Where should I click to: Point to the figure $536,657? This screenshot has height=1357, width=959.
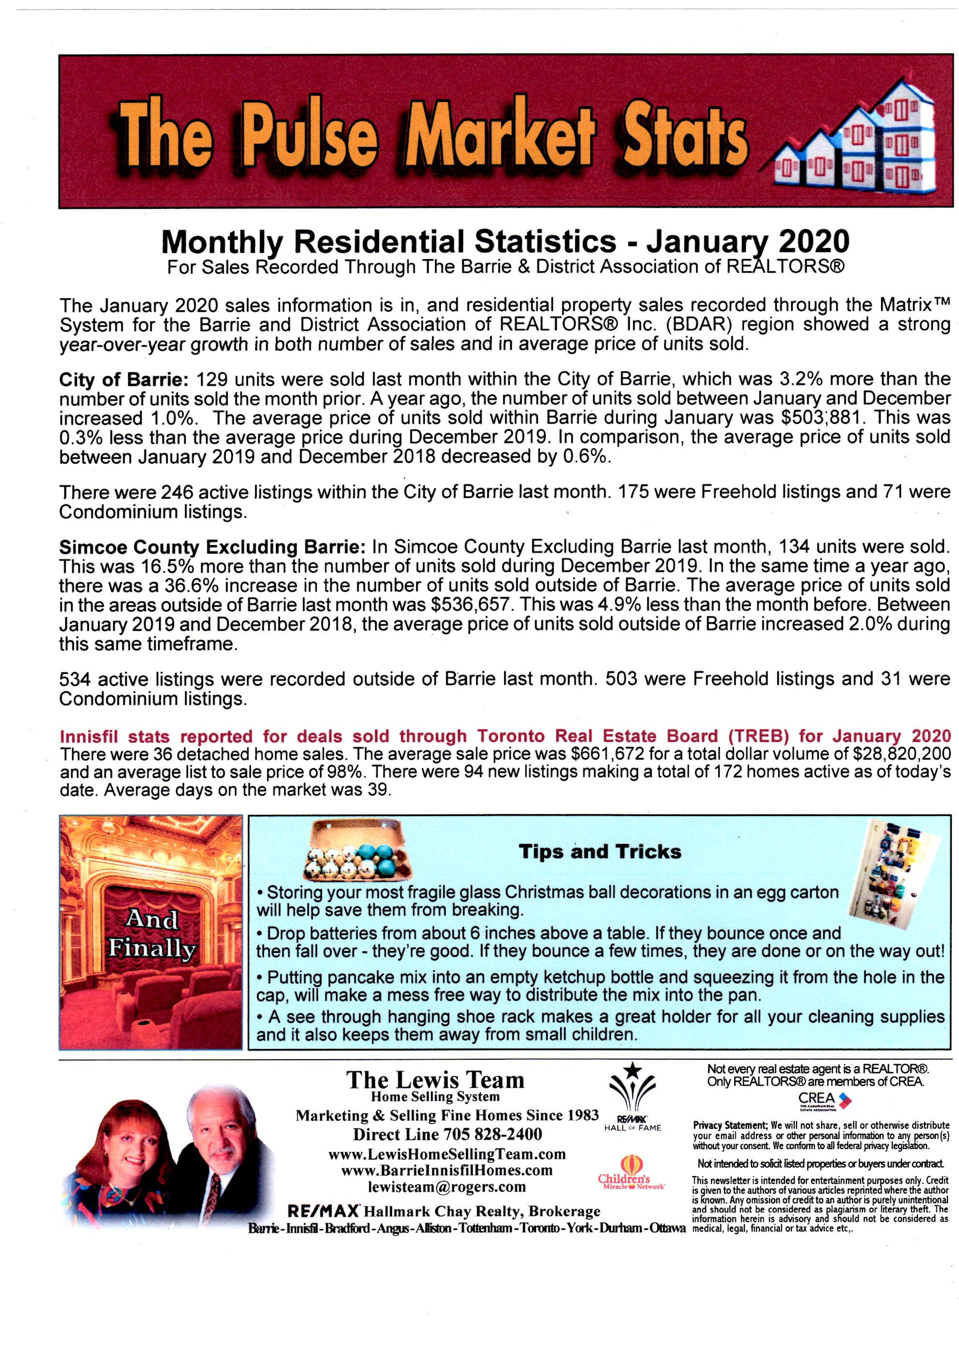pyautogui.click(x=467, y=605)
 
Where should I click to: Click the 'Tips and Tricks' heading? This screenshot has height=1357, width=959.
pyautogui.click(x=600, y=852)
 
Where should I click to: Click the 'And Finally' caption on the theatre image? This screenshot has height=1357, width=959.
pyautogui.click(x=151, y=934)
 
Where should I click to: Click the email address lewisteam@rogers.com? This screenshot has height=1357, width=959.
pyautogui.click(x=447, y=1186)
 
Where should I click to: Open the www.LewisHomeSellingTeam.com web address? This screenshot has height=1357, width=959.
pyautogui.click(x=447, y=1153)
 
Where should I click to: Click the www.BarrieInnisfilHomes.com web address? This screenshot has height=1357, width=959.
pyautogui.click(x=447, y=1169)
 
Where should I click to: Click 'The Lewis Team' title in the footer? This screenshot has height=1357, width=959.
pyautogui.click(x=436, y=1080)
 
